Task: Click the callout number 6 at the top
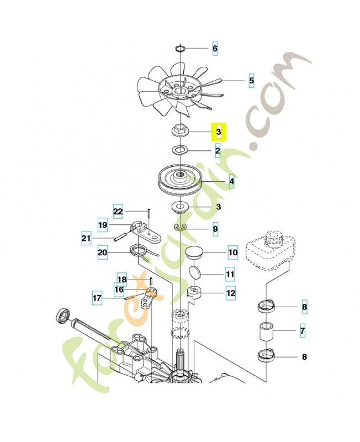215,49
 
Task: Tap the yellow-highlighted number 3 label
219,133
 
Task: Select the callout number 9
215,228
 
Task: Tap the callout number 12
231,294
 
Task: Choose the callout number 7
303,331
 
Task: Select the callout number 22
118,211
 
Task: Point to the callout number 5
251,81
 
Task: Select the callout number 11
230,274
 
